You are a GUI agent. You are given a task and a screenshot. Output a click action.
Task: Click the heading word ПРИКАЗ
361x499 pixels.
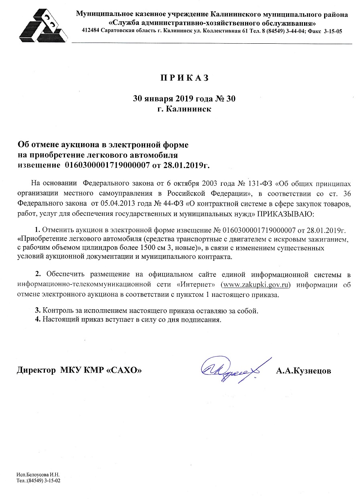pos(185,78)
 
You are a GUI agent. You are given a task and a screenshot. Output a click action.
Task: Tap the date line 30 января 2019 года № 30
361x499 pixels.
pos(184,99)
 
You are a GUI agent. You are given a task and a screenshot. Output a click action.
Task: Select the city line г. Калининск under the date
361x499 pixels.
pos(184,109)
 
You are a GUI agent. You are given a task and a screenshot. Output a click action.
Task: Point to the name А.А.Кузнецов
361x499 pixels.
pos(304,371)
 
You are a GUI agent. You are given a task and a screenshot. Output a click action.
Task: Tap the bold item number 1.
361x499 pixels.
pos(38,230)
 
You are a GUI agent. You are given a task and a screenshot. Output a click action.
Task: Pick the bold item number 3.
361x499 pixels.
pos(38,310)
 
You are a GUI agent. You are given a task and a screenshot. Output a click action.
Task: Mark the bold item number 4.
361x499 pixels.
pos(38,320)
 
